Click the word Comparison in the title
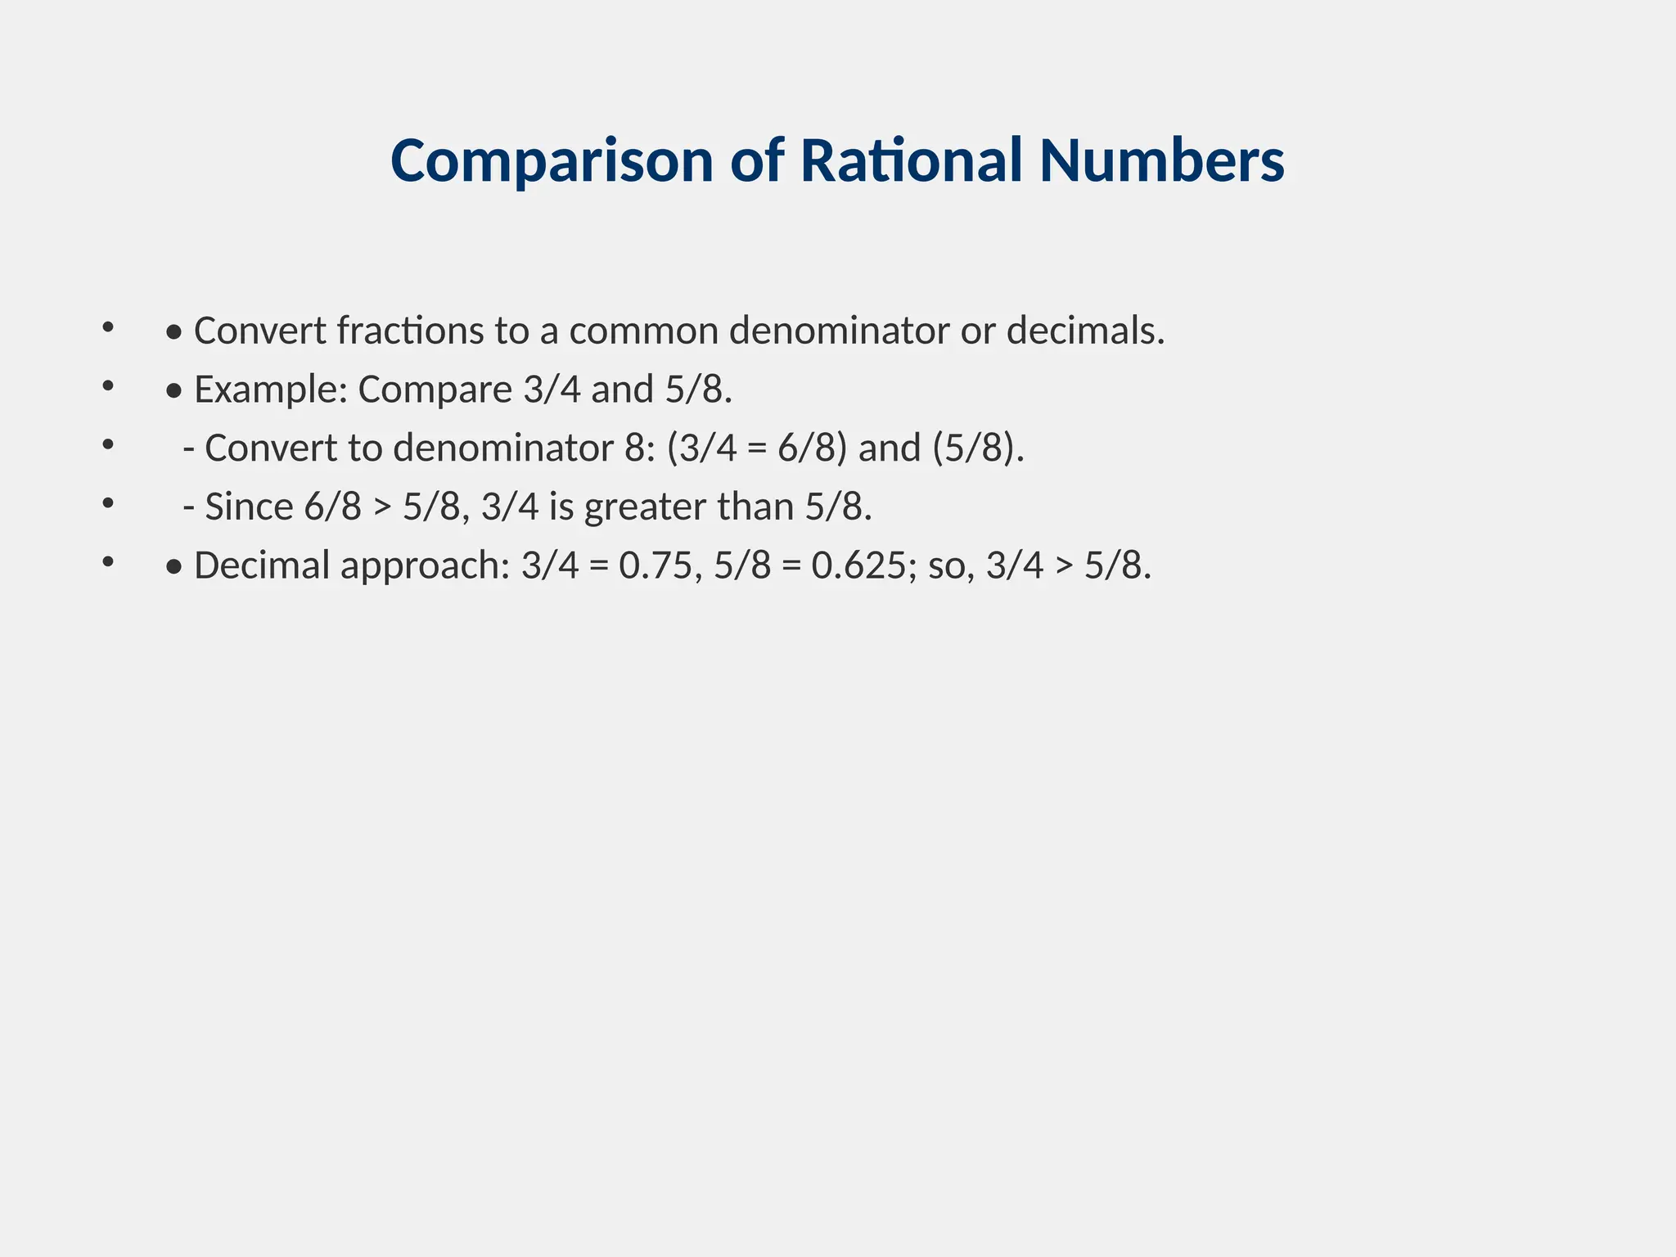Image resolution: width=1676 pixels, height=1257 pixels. tap(552, 161)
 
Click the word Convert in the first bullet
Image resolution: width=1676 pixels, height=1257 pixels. tap(259, 331)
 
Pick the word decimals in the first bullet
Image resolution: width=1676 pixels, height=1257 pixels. tap(1084, 331)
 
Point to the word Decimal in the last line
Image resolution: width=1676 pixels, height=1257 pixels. tap(261, 565)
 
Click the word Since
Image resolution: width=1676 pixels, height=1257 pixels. tap(249, 507)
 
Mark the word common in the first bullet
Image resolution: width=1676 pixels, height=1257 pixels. tap(643, 331)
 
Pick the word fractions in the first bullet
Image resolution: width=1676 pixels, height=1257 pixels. tap(410, 331)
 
